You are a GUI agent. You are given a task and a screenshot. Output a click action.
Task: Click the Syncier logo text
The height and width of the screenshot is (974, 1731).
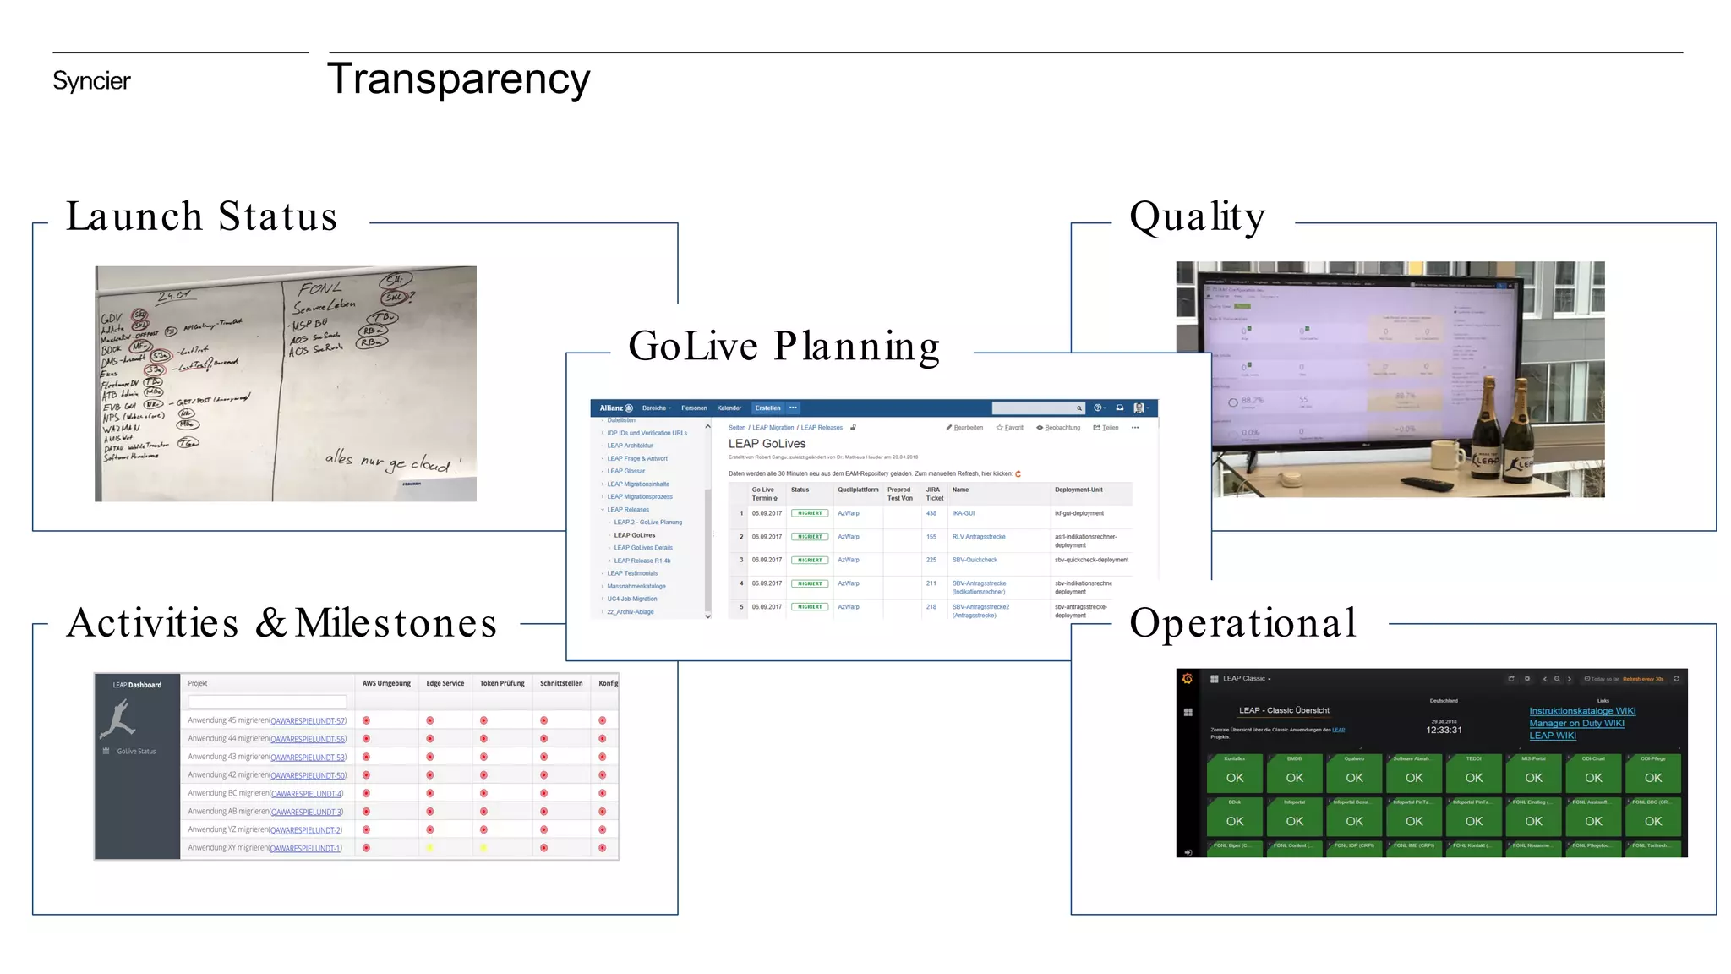click(x=91, y=81)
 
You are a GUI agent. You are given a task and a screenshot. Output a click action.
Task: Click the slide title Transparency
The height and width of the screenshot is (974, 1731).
click(x=458, y=79)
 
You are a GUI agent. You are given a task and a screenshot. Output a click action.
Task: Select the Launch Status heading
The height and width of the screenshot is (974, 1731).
click(x=201, y=216)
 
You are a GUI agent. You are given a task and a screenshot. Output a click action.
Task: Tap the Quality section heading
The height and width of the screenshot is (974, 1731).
click(x=1197, y=216)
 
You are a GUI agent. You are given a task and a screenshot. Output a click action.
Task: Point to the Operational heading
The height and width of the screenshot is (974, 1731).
click(x=1242, y=623)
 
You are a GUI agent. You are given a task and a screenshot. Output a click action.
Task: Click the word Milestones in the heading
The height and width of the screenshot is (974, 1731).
click(x=396, y=623)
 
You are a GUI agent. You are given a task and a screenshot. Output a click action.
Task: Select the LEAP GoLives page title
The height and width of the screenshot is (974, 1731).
click(x=767, y=443)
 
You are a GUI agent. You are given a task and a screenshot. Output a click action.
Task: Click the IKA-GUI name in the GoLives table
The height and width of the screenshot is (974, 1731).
click(x=963, y=513)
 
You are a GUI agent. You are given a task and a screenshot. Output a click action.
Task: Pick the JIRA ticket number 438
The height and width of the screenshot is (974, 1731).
click(x=931, y=513)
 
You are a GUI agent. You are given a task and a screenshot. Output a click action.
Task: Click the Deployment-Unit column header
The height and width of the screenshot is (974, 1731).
click(x=1078, y=490)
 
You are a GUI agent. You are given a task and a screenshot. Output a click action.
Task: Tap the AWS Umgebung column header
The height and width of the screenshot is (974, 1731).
click(x=386, y=683)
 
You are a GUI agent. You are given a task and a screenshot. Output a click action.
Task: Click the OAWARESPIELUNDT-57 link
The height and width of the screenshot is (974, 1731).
click(x=308, y=721)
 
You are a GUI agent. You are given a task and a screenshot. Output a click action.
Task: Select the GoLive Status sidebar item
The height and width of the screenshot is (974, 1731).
click(x=135, y=751)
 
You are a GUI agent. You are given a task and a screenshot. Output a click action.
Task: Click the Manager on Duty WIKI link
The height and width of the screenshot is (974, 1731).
click(x=1576, y=723)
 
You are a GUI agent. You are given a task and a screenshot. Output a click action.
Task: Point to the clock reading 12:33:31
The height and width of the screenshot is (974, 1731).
click(x=1444, y=730)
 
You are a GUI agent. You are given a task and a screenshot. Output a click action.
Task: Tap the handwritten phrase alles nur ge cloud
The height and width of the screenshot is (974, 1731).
click(x=393, y=462)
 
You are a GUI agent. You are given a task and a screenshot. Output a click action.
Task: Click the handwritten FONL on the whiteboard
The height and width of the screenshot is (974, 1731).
click(x=319, y=289)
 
